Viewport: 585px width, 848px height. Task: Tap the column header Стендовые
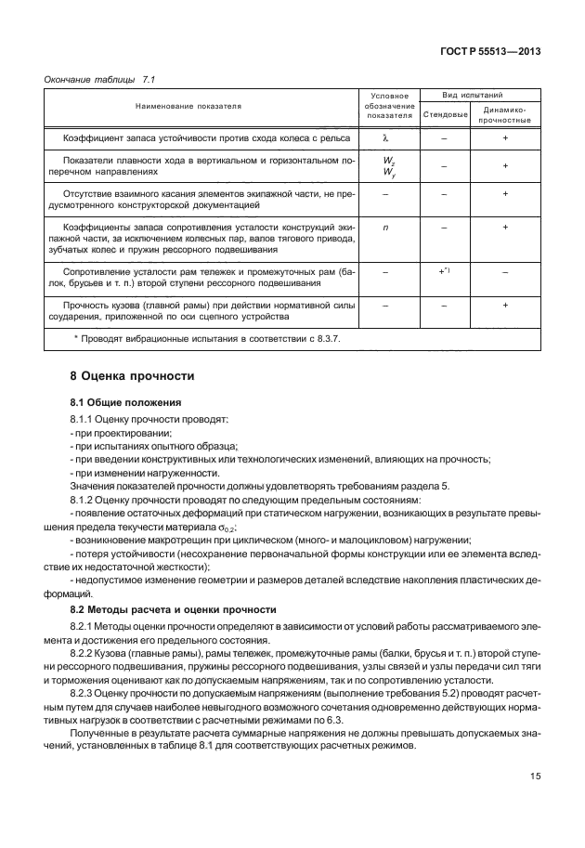click(x=444, y=114)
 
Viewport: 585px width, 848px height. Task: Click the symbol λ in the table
click(x=383, y=137)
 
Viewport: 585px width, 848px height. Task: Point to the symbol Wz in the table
click(x=383, y=160)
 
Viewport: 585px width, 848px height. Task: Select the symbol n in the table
click(x=383, y=227)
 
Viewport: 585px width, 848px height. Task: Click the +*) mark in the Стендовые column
click(x=444, y=270)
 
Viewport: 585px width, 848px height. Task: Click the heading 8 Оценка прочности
click(x=132, y=376)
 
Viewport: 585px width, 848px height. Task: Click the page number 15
click(x=537, y=776)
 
